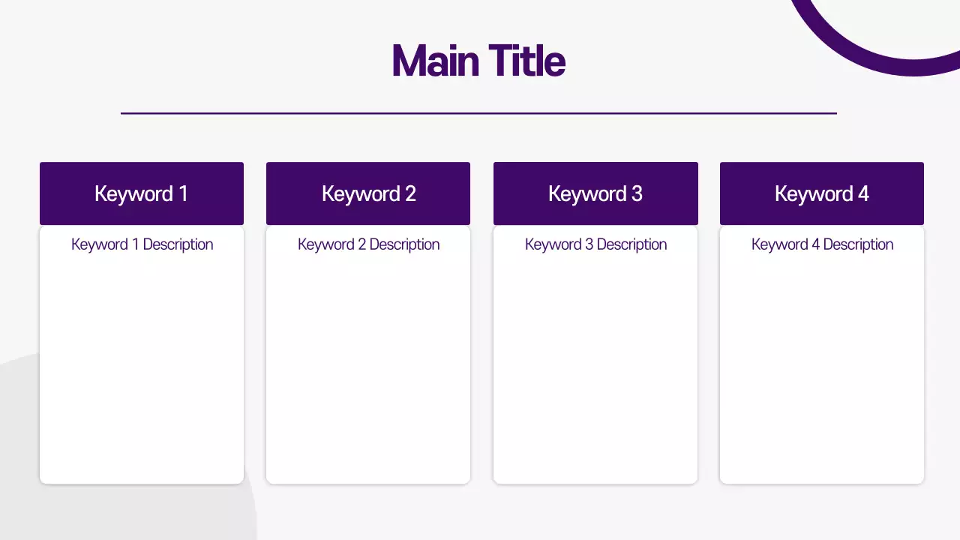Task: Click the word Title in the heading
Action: point(526,61)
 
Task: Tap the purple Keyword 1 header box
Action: point(142,193)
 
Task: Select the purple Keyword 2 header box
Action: point(368,193)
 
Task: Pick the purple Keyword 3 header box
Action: point(595,193)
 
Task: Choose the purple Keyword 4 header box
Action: point(822,193)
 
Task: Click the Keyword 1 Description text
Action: point(142,244)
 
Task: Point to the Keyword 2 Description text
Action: point(368,244)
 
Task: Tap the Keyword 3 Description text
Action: point(595,244)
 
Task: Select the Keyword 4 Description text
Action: point(822,244)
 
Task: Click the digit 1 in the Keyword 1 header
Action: point(183,193)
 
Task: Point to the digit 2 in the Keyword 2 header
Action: point(410,193)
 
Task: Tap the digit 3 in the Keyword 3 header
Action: point(637,193)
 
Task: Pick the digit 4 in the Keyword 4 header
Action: point(863,193)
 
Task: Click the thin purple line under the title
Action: point(478,113)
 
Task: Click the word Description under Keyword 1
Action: point(178,244)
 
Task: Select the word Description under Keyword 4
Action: point(858,244)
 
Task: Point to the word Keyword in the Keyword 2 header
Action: point(360,194)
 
